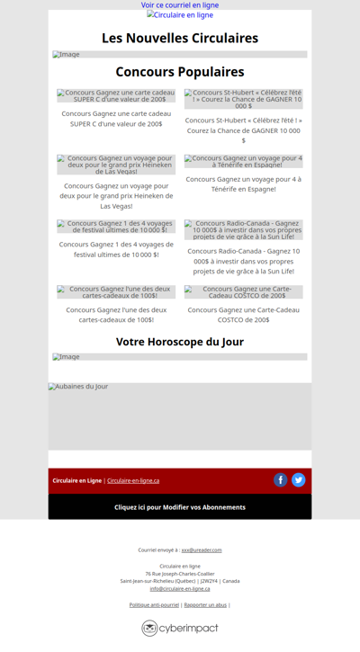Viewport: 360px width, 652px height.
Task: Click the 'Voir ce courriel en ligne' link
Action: coord(180,5)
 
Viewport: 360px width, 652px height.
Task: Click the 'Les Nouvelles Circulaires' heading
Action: coord(180,38)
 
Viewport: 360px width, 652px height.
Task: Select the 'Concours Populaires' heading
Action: coord(180,72)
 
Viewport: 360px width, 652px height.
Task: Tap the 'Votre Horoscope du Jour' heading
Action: coord(180,342)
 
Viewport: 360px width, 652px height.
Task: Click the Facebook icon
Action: coord(281,480)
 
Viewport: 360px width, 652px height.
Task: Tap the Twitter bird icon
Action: coord(299,480)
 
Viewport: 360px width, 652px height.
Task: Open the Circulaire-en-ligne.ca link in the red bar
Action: coord(133,481)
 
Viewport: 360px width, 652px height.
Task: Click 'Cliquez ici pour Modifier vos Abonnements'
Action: coord(180,507)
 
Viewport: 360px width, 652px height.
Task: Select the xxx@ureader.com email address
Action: coord(202,549)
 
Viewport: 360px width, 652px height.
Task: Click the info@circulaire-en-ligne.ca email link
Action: coord(180,588)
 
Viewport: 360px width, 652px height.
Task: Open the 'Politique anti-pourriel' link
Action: coord(154,605)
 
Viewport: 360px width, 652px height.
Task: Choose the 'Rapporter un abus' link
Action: coord(205,605)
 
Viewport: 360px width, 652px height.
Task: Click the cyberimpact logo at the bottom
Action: coord(180,628)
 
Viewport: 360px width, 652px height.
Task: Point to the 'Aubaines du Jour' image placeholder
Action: coord(180,415)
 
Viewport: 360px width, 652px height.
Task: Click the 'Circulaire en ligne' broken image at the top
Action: coord(180,15)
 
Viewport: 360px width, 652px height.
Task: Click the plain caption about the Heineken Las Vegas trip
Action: coord(116,195)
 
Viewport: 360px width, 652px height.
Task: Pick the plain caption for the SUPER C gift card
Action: coord(116,119)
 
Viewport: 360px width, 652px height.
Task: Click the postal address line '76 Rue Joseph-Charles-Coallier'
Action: coord(180,574)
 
